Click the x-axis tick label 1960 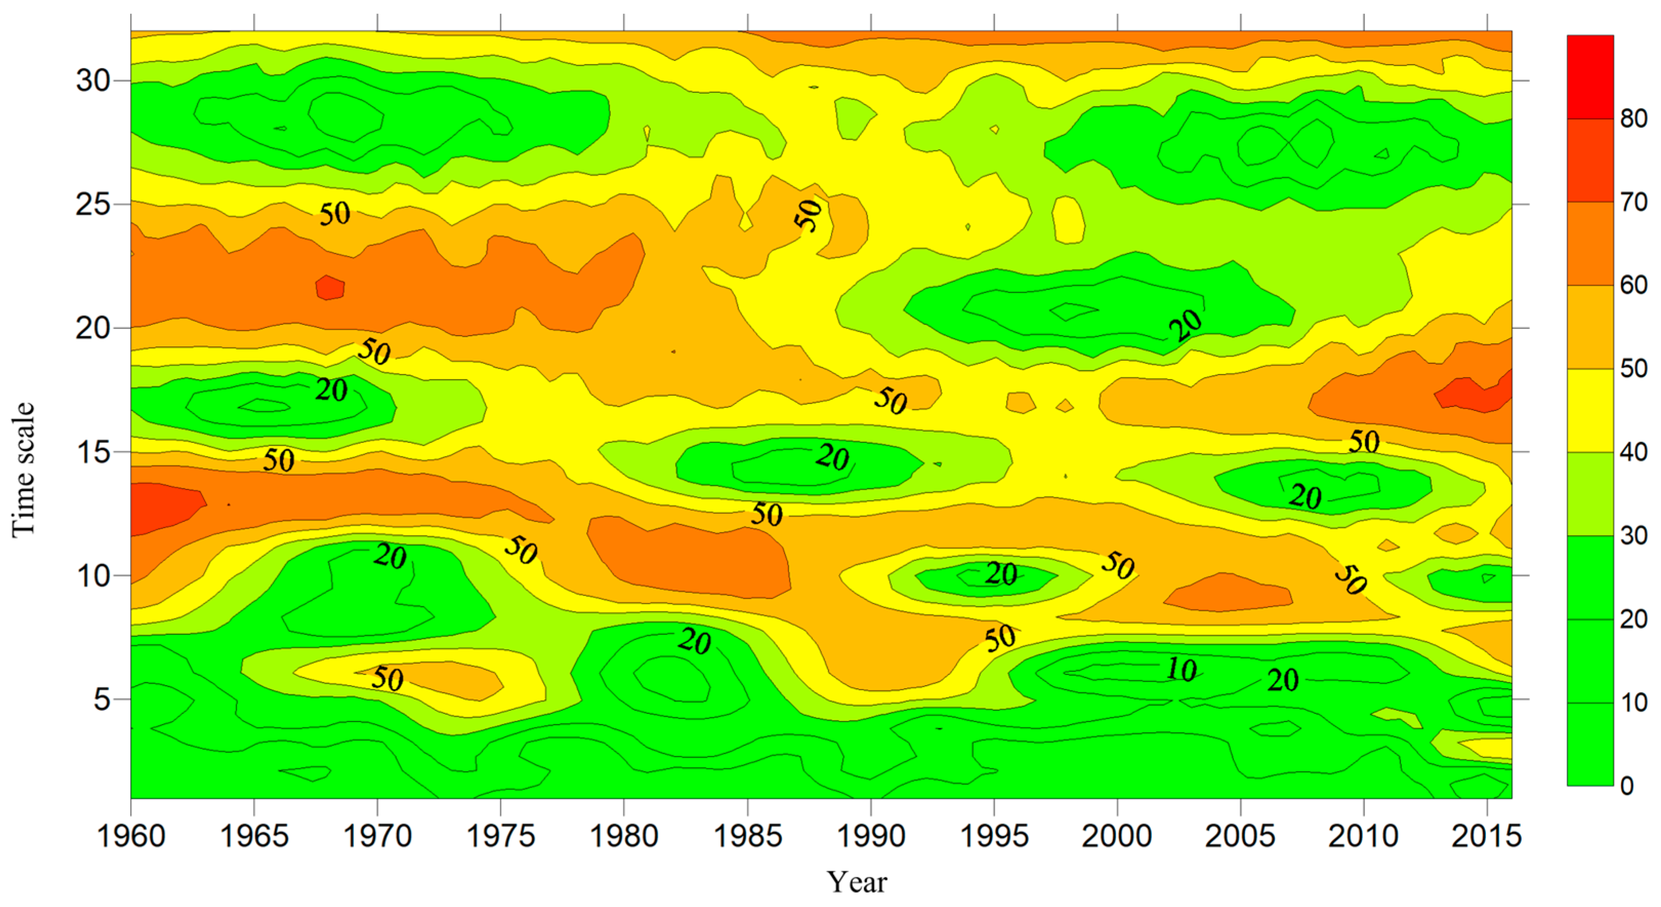[131, 837]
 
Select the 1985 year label [747, 837]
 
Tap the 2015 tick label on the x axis [1486, 837]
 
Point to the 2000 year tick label [1117, 837]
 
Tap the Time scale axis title [23, 469]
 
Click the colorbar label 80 [1633, 119]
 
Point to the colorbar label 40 [1633, 452]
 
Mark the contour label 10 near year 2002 [1181, 670]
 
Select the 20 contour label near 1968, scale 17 [331, 389]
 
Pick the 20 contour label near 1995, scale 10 [1001, 573]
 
